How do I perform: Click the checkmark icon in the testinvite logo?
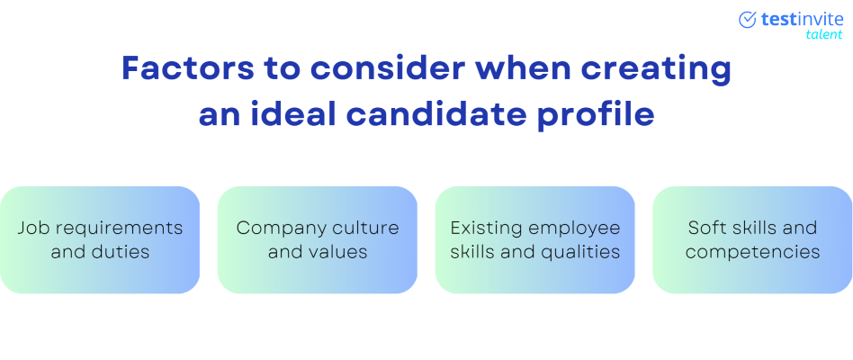point(748,20)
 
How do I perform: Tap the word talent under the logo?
point(823,35)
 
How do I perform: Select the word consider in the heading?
point(388,68)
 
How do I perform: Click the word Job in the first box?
point(30,229)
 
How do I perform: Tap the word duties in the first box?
point(122,252)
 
